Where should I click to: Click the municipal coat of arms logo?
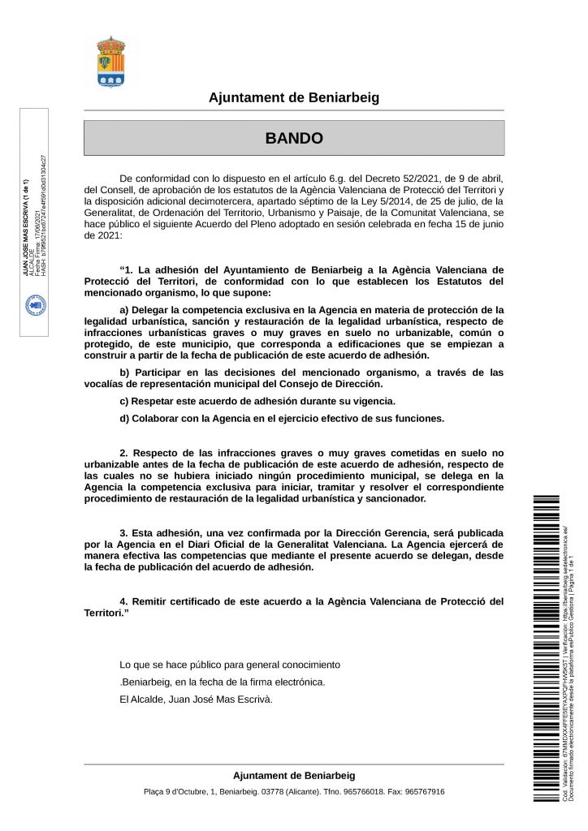[110, 62]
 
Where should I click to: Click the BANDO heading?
[294, 139]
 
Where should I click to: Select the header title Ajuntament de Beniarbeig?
[294, 98]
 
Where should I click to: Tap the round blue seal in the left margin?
[37, 304]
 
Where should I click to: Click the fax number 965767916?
[425, 792]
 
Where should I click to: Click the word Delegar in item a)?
[154, 309]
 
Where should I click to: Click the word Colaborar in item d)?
[160, 419]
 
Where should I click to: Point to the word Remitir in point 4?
[153, 601]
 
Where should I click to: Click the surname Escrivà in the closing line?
[254, 699]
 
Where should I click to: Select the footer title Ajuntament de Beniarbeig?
[294, 776]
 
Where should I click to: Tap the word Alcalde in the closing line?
[148, 699]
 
